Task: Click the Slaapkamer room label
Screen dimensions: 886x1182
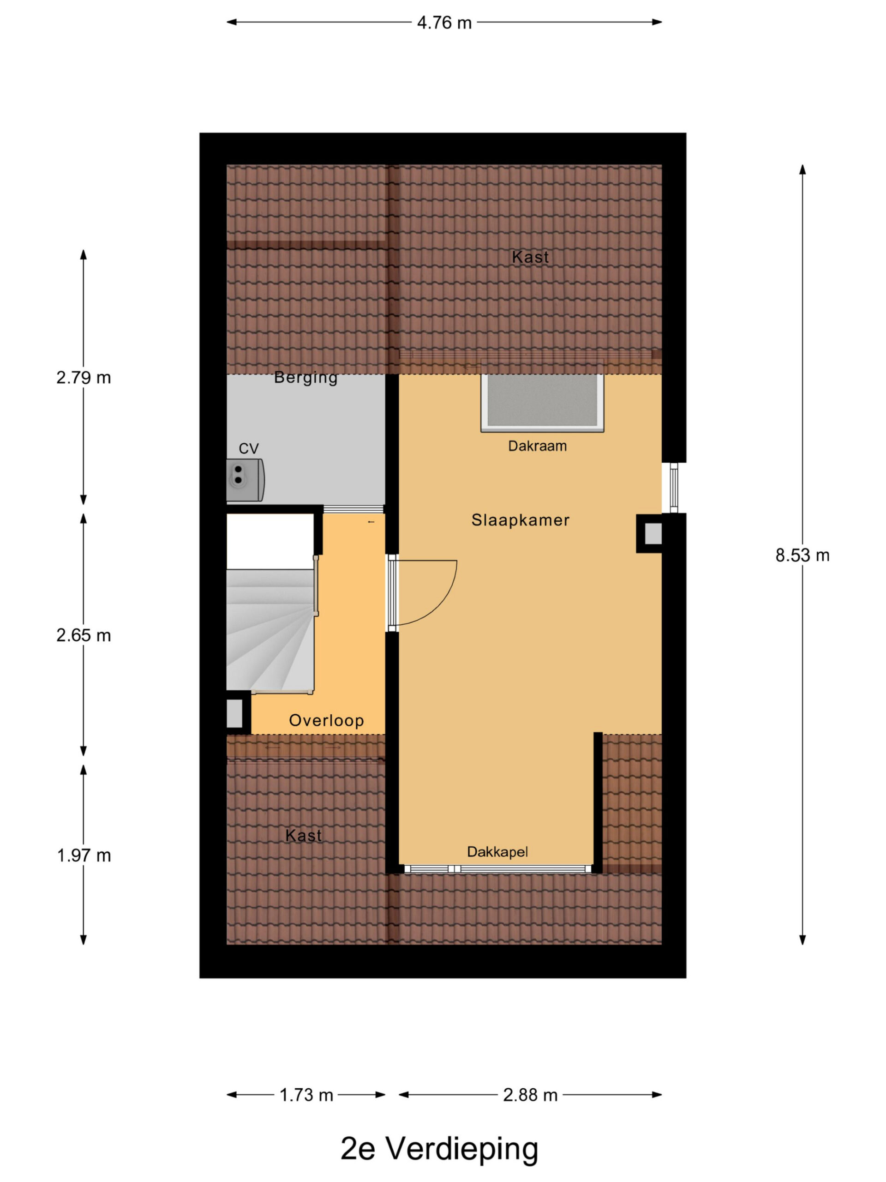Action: click(x=520, y=520)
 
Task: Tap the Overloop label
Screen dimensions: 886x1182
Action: click(x=326, y=720)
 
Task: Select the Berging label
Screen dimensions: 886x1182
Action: click(x=305, y=377)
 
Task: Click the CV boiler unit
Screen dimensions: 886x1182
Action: click(x=245, y=479)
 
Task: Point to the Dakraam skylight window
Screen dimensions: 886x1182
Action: click(x=542, y=402)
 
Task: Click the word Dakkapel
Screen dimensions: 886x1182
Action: click(x=497, y=852)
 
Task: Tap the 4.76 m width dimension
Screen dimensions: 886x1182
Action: click(x=444, y=23)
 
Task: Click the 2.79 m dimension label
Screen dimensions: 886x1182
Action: click(x=84, y=378)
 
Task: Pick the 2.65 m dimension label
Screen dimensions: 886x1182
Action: click(x=84, y=635)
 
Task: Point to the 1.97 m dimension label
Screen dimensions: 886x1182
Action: click(x=84, y=856)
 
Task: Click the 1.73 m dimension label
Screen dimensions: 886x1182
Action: click(x=306, y=1095)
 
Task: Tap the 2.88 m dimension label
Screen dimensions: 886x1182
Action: click(x=530, y=1095)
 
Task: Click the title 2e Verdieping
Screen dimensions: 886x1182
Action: click(x=439, y=1148)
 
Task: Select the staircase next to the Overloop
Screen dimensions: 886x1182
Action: click(x=271, y=631)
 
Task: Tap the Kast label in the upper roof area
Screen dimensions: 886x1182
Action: click(x=530, y=257)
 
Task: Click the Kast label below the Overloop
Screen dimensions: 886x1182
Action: click(x=303, y=836)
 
